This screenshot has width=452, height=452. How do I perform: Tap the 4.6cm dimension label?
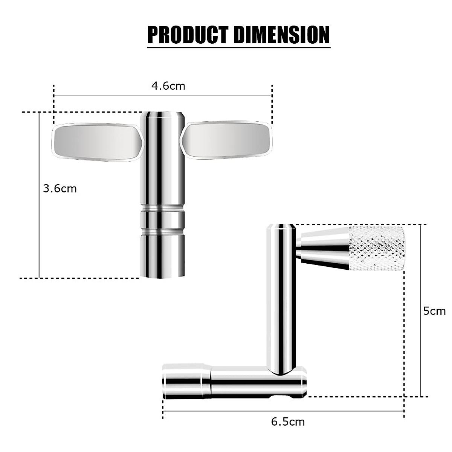(x=168, y=86)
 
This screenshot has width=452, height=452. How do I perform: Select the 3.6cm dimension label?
(x=60, y=188)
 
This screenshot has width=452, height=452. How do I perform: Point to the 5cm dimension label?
(x=434, y=311)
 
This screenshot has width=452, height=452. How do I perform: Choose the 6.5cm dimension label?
(x=288, y=421)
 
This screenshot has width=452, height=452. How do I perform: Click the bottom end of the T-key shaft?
(x=162, y=269)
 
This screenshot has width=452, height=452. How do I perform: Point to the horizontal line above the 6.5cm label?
(x=282, y=411)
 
